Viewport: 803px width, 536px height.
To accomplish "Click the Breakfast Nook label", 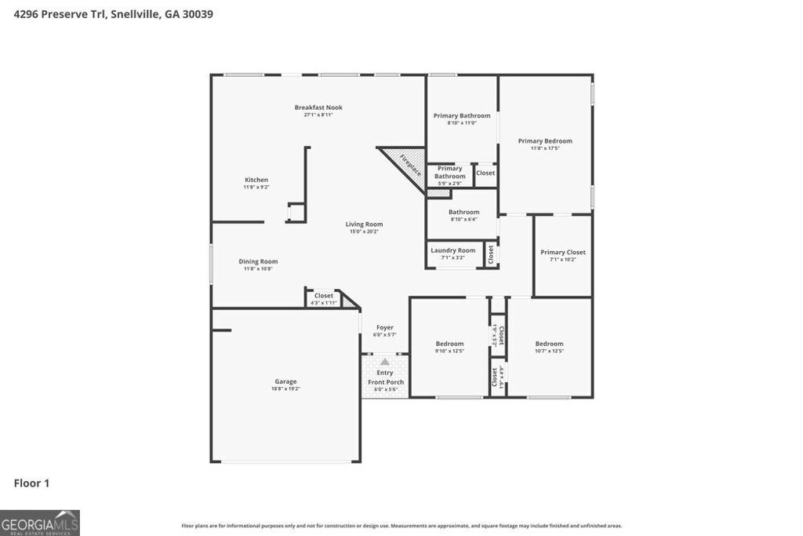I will (x=318, y=108).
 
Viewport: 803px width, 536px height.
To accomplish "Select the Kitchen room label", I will (x=256, y=180).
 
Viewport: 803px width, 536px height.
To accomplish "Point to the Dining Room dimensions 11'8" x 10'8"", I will (x=258, y=269).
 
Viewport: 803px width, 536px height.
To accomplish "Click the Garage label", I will (x=285, y=381).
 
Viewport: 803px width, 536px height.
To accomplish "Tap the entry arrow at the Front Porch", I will (x=385, y=363).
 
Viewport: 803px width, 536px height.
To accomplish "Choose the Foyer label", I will (x=384, y=327).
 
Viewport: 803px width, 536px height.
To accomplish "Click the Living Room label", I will (x=364, y=224).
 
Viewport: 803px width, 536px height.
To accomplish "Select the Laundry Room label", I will (x=452, y=250).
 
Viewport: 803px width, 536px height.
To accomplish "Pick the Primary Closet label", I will (x=563, y=252).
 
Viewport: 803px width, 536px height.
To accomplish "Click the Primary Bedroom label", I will (x=545, y=141).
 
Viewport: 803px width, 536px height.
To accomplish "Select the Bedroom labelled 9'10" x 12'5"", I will (x=449, y=344).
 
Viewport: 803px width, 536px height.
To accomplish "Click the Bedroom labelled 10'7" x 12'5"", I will (x=549, y=344).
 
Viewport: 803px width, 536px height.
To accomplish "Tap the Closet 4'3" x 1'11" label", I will (x=324, y=296).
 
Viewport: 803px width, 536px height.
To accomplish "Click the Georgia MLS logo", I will (x=40, y=523).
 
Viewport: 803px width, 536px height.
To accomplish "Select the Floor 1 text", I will (x=31, y=483).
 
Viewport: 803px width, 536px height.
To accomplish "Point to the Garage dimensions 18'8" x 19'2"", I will (x=285, y=389).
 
